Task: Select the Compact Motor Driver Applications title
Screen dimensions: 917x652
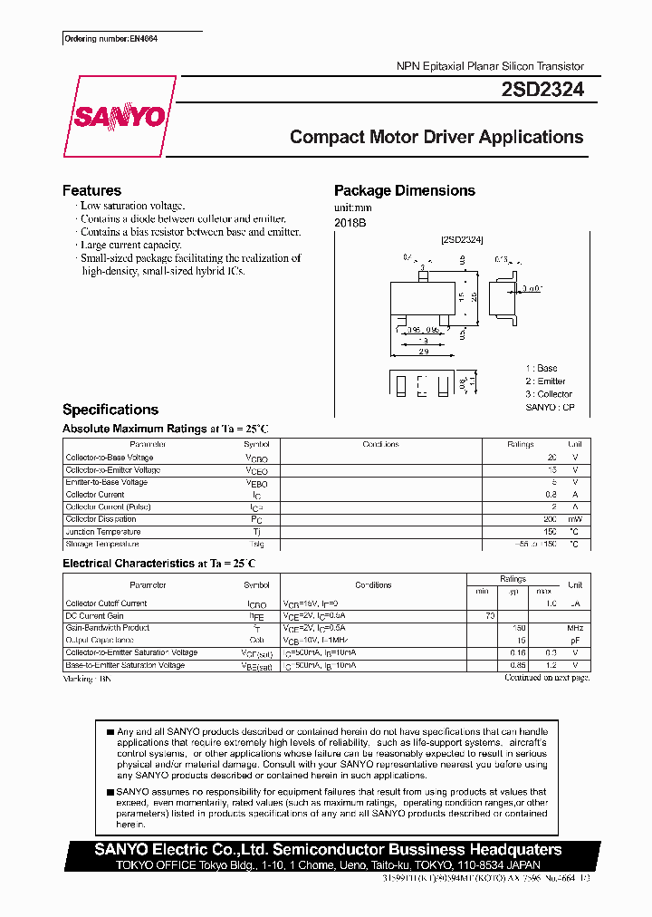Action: click(436, 138)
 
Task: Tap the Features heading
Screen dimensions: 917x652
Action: click(91, 190)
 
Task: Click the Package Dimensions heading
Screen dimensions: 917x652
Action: click(404, 190)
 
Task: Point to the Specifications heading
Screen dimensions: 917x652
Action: click(110, 410)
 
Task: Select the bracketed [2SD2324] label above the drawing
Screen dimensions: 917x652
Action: click(462, 239)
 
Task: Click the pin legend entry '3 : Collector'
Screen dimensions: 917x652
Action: click(549, 394)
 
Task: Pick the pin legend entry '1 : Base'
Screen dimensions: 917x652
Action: click(542, 368)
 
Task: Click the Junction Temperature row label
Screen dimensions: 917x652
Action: click(102, 532)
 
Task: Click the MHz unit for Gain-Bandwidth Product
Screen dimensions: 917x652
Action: click(574, 628)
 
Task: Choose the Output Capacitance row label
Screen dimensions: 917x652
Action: click(101, 640)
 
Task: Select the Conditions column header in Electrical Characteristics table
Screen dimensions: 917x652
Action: click(373, 585)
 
